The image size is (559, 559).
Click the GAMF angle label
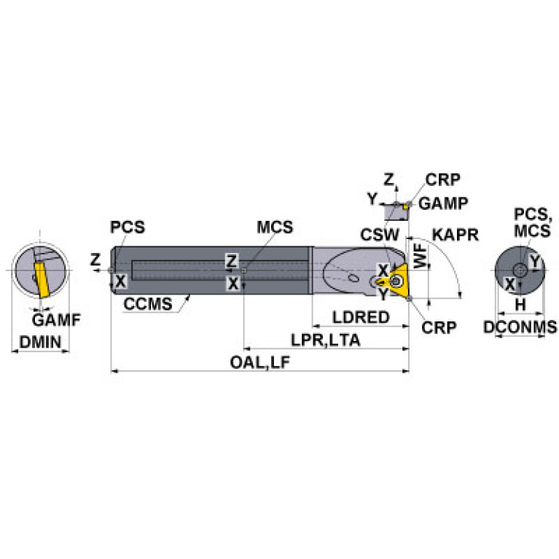(x=56, y=319)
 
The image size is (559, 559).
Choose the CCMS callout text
(x=148, y=304)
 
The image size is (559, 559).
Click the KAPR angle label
(x=456, y=235)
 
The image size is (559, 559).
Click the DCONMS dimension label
(x=520, y=327)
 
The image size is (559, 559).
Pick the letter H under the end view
(x=520, y=304)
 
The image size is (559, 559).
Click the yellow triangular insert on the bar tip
(x=398, y=282)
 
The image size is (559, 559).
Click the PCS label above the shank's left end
(x=128, y=227)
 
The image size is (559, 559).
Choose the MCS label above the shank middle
(x=275, y=227)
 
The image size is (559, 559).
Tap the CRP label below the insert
(x=439, y=327)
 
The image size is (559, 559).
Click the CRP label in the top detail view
(x=443, y=179)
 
